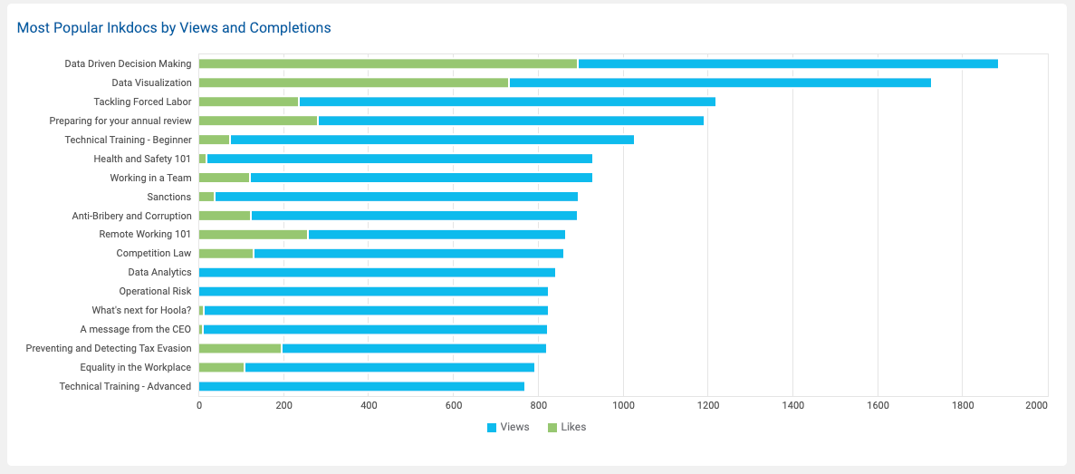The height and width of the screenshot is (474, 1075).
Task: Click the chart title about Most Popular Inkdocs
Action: tap(174, 27)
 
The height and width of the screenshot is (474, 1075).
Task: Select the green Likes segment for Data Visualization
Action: tap(354, 82)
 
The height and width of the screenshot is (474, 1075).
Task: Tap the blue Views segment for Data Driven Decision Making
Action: tap(788, 63)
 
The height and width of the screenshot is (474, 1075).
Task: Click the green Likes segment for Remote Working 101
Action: tap(253, 235)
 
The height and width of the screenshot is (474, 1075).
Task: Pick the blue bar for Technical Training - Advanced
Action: tap(361, 386)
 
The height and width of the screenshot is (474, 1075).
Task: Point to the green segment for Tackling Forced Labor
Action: tap(248, 102)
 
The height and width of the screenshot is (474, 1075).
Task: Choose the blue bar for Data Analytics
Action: tap(377, 272)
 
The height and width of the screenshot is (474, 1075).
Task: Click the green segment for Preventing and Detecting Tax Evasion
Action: tap(240, 348)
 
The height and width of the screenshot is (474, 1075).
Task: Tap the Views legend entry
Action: tap(508, 427)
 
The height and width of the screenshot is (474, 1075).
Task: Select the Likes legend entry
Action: tap(567, 427)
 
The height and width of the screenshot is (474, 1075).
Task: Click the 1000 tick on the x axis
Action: tap(623, 405)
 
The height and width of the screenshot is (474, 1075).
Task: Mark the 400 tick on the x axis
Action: tap(369, 405)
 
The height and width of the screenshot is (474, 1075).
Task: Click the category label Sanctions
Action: tap(169, 197)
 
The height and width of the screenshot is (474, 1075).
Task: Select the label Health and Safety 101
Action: tap(142, 159)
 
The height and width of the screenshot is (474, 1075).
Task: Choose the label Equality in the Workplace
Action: tap(136, 367)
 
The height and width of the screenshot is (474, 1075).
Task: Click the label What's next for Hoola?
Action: tap(142, 310)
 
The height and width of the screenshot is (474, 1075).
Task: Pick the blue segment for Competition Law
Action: tap(408, 254)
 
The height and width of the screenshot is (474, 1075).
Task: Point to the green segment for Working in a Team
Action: tap(225, 178)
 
